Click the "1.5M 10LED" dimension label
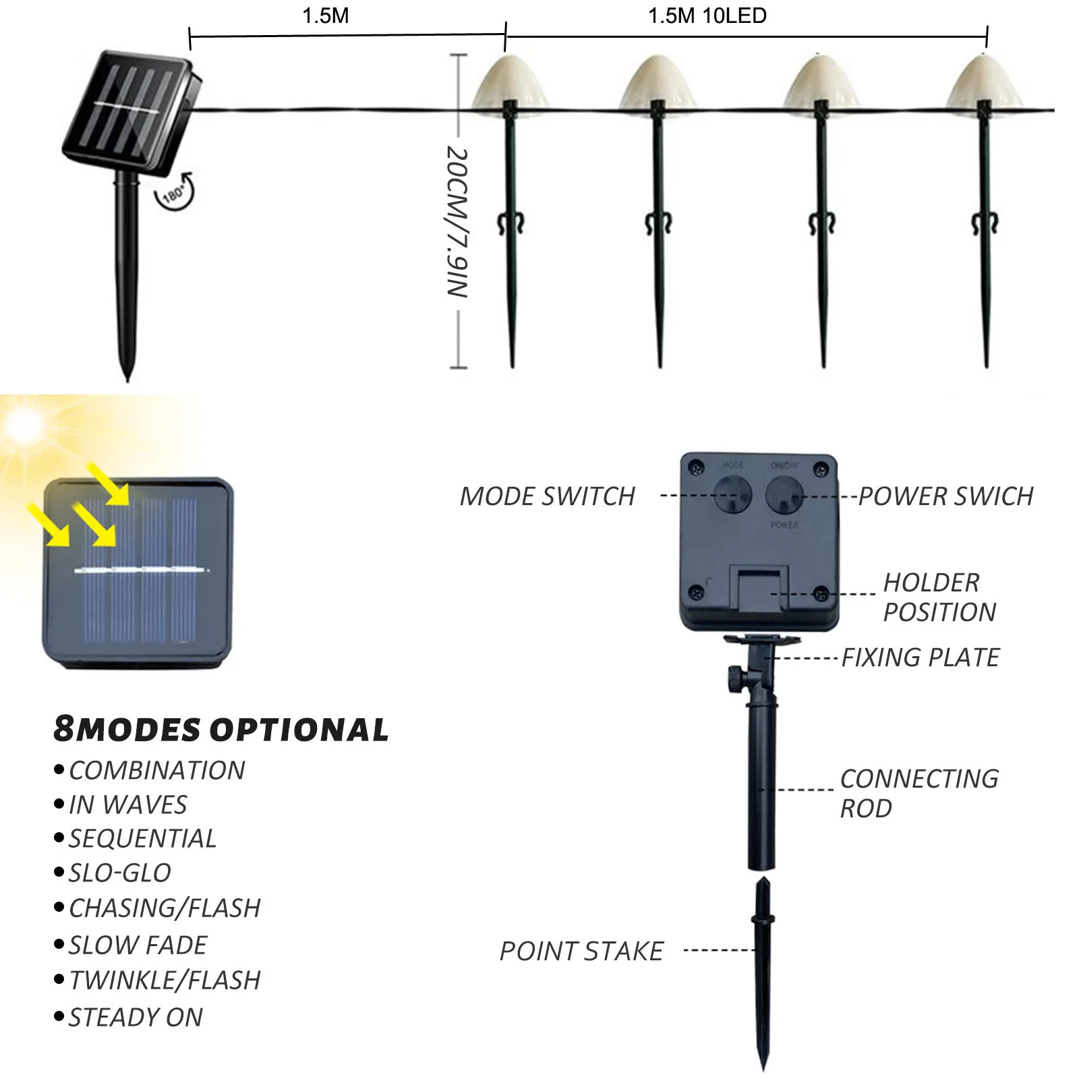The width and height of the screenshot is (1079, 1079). pos(707,16)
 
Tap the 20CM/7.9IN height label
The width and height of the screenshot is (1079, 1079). pos(458,222)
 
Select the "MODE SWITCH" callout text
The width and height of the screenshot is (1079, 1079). pos(548,496)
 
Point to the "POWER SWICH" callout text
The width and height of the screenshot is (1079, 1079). pos(945,496)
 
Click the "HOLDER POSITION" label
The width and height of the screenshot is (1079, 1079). pos(939,597)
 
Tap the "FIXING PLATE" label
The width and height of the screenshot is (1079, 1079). pos(921,658)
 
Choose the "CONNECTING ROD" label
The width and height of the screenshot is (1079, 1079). pos(919,793)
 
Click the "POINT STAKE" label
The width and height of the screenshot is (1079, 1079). pos(581,952)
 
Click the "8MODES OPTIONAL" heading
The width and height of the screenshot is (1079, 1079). pos(221,729)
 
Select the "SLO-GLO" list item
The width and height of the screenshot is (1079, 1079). pos(120,873)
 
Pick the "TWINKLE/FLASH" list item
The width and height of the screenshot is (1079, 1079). pos(165,981)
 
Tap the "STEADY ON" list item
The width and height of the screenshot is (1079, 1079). pos(136,1018)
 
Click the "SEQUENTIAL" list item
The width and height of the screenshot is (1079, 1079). pos(142,839)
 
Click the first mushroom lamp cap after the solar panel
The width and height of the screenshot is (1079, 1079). pos(508,82)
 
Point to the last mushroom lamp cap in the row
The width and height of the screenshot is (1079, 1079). pos(984,82)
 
